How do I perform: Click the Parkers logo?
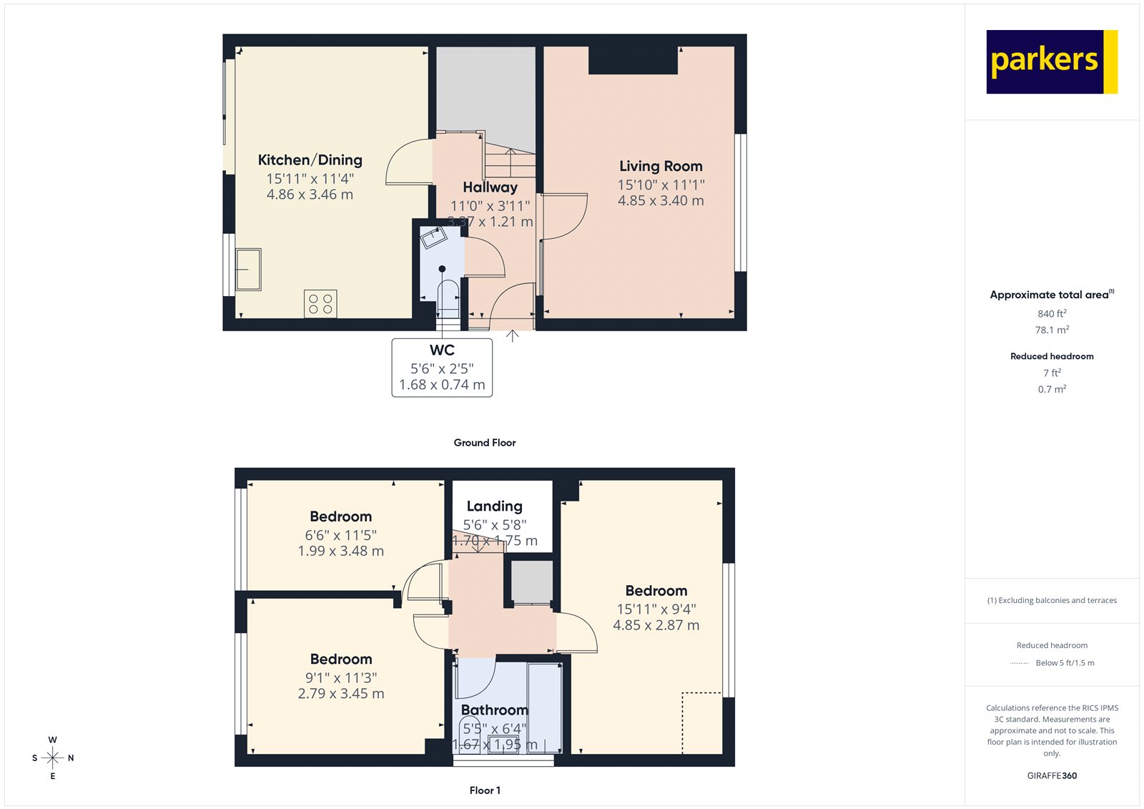click(1051, 62)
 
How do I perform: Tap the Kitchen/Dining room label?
click(310, 160)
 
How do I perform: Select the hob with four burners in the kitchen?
click(320, 304)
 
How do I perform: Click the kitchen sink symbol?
click(248, 269)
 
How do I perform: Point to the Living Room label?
click(661, 166)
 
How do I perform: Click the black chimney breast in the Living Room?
click(633, 60)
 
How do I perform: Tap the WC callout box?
click(442, 368)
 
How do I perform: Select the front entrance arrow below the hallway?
click(513, 335)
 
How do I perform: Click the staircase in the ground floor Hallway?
click(510, 160)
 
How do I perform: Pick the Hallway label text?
click(490, 187)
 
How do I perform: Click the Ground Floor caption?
click(484, 443)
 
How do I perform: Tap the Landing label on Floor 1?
click(494, 506)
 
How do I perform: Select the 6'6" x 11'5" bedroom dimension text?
click(340, 535)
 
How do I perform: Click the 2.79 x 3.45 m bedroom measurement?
click(341, 694)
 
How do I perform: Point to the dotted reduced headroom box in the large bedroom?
click(701, 722)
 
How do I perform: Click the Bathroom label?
click(494, 710)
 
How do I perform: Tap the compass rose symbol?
click(53, 757)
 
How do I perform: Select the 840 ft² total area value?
click(1052, 314)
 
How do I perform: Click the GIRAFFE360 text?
click(1052, 775)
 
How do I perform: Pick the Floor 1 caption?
click(485, 790)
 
